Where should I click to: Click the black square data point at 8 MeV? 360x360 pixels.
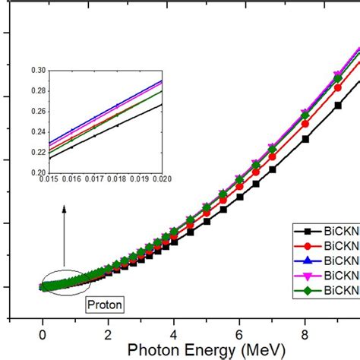(305, 139)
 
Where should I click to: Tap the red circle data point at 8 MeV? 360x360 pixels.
(305, 124)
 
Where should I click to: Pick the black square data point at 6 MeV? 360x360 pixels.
(240, 197)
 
